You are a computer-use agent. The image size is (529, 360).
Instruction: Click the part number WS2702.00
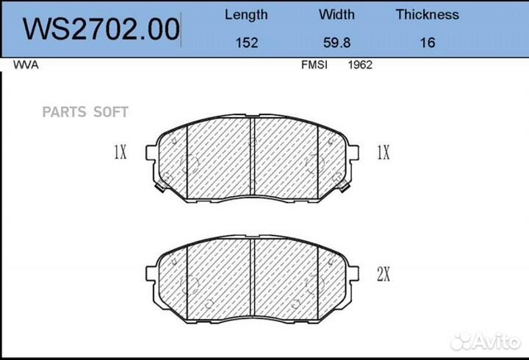click(x=101, y=29)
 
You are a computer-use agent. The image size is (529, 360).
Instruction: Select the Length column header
click(x=246, y=15)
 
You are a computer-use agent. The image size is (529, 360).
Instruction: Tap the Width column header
click(x=337, y=15)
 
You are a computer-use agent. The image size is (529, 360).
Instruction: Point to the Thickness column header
click(x=428, y=15)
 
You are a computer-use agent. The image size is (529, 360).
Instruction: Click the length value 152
click(x=247, y=43)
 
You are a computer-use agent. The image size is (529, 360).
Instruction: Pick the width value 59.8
click(x=337, y=43)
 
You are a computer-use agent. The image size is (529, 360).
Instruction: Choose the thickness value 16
click(x=428, y=43)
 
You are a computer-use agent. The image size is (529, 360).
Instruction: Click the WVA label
click(x=26, y=65)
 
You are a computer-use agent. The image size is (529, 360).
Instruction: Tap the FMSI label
click(x=314, y=65)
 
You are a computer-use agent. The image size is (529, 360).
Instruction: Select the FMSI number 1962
click(x=360, y=65)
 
